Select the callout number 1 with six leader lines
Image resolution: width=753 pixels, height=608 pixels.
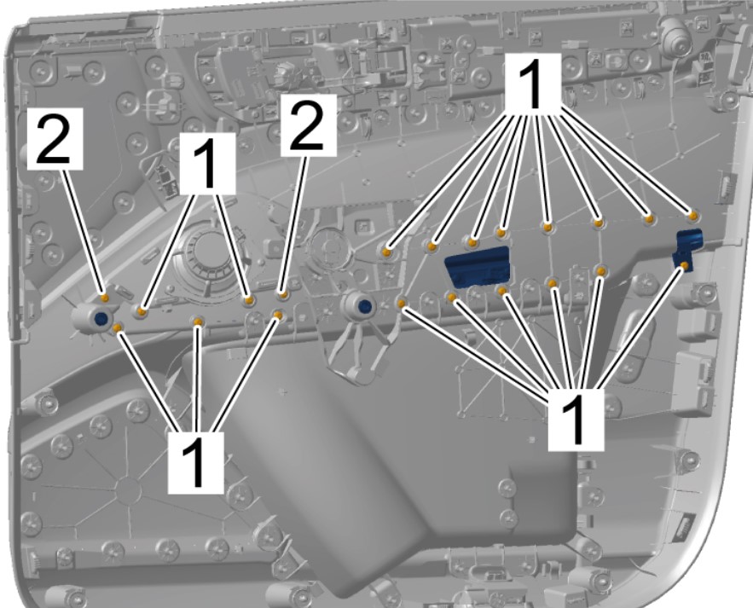click(x=576, y=420)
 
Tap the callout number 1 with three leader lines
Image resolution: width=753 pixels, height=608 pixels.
click(x=195, y=462)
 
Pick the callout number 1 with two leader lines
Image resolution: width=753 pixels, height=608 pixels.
click(x=207, y=163)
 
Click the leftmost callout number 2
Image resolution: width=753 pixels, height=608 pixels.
click(x=55, y=139)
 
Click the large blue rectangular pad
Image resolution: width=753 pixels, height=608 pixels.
click(x=478, y=267)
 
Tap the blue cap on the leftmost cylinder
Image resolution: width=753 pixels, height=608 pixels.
click(x=101, y=318)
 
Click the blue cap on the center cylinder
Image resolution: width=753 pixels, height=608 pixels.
click(x=365, y=306)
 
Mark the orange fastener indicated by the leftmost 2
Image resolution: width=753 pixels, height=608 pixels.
click(x=105, y=298)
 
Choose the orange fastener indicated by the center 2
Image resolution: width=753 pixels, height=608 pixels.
click(x=283, y=295)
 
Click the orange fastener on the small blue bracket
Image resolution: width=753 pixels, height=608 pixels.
click(x=685, y=265)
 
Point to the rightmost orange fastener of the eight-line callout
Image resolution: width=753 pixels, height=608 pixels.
click(x=693, y=216)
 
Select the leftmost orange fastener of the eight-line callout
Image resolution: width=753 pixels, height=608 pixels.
click(x=386, y=252)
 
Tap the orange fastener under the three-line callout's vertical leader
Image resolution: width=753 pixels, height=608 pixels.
click(x=198, y=321)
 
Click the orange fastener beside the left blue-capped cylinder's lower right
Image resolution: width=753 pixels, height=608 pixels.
click(x=117, y=327)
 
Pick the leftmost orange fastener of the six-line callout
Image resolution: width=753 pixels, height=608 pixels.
click(x=402, y=303)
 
